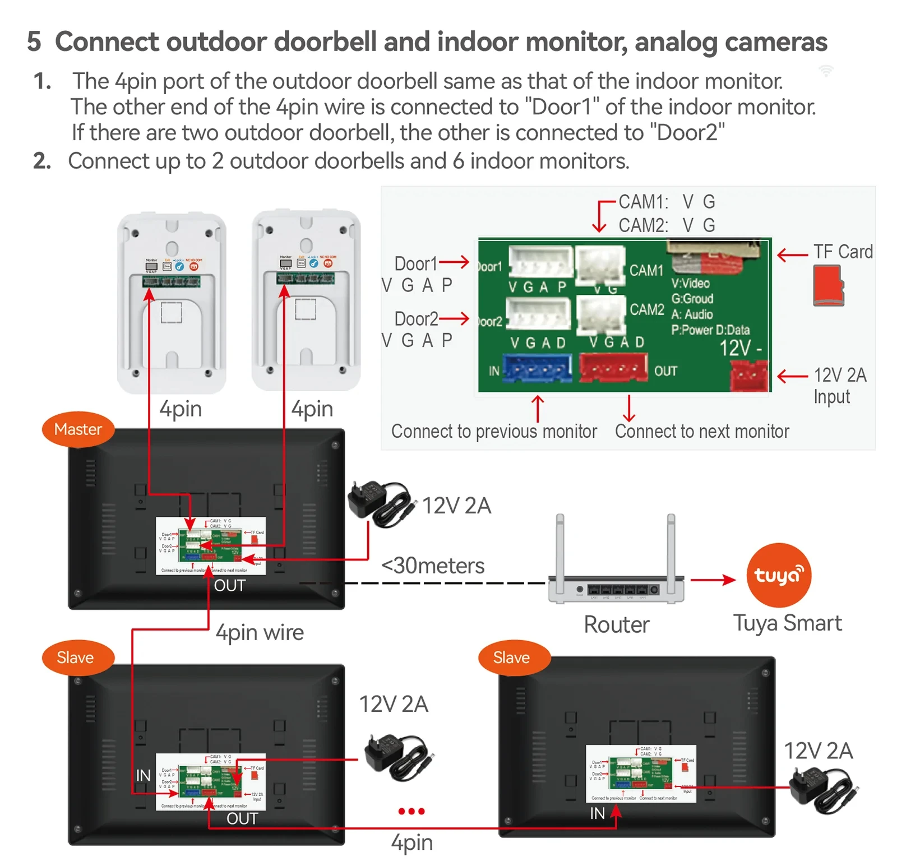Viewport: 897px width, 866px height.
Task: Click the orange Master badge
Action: pyautogui.click(x=78, y=429)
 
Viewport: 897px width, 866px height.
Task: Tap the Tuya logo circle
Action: pyautogui.click(x=778, y=575)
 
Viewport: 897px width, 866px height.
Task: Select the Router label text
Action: pyautogui.click(x=616, y=624)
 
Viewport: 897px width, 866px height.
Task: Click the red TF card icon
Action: pyautogui.click(x=828, y=286)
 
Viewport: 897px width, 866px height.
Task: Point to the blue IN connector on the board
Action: pyautogui.click(x=537, y=368)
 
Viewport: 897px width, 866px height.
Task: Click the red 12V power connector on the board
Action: pyautogui.click(x=749, y=375)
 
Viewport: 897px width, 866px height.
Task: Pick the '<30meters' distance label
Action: pyautogui.click(x=433, y=566)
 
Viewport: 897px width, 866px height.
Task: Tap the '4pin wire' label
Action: pyautogui.click(x=260, y=632)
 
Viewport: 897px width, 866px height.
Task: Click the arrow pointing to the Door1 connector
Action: pyautogui.click(x=455, y=262)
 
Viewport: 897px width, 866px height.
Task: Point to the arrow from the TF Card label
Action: pyautogui.click(x=792, y=255)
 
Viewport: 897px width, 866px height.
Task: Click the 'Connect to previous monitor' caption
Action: pyautogui.click(x=494, y=432)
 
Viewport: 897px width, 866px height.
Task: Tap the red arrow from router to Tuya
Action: pyautogui.click(x=713, y=580)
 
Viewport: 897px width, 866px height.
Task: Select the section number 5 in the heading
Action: pyautogui.click(x=34, y=42)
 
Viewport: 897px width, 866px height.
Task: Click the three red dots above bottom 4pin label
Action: pyautogui.click(x=411, y=811)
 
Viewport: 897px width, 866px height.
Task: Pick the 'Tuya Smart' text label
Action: pyautogui.click(x=787, y=623)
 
